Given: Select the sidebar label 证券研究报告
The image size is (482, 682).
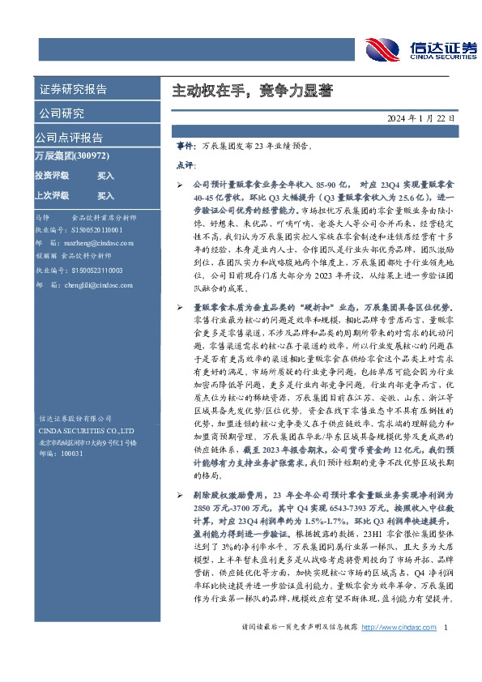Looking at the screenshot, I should tap(73, 89).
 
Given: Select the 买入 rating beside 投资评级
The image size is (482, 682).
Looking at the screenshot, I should tap(105, 175).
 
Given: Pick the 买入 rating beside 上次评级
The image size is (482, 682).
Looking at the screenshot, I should tap(105, 196).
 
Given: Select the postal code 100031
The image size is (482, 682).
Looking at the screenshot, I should tap(72, 454).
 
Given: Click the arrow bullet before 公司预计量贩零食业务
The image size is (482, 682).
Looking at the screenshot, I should tap(180, 185).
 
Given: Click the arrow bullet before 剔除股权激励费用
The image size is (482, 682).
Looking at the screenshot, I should tap(180, 493).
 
